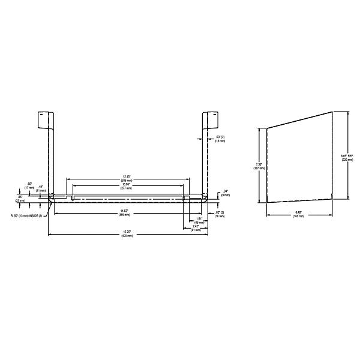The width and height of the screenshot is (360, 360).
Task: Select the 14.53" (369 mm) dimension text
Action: point(124,212)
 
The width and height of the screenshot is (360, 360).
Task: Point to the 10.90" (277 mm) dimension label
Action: point(125,186)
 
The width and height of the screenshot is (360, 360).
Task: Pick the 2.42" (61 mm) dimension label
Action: point(196,228)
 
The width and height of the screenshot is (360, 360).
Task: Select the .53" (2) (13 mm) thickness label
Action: point(220,139)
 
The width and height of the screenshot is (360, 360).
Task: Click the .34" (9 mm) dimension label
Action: point(224,193)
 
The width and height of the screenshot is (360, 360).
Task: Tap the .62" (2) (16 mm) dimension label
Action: point(220,214)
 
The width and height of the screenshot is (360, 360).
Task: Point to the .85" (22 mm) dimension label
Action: point(21,199)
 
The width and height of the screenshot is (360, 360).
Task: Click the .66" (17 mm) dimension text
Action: point(29,185)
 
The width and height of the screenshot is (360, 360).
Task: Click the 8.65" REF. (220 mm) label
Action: point(347,158)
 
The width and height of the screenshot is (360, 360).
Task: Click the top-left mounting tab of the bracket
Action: point(43,119)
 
